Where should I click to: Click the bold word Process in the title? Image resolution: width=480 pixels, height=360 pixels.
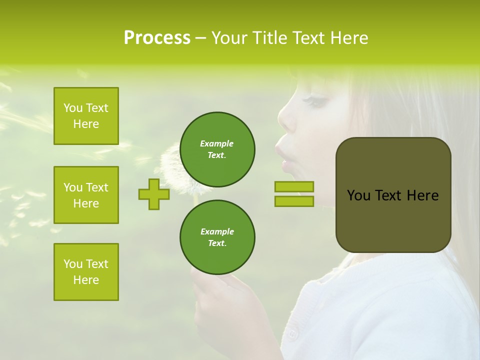(157, 38)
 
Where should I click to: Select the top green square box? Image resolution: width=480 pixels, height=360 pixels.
(86, 116)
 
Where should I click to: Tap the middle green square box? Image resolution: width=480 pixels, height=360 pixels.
(86, 195)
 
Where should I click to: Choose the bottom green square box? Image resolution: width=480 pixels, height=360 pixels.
(86, 272)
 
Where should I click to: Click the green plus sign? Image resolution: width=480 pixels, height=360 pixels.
(154, 194)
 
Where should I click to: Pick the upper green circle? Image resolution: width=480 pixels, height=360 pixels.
(217, 149)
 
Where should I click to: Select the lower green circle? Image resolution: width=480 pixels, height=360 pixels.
(217, 237)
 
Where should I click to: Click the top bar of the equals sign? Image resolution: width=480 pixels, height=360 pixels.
(294, 186)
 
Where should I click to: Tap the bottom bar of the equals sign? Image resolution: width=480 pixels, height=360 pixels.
(294, 201)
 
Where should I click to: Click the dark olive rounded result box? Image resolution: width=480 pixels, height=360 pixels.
(393, 195)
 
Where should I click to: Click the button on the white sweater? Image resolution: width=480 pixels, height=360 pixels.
(292, 334)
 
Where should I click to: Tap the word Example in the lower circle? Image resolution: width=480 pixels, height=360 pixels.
(217, 231)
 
